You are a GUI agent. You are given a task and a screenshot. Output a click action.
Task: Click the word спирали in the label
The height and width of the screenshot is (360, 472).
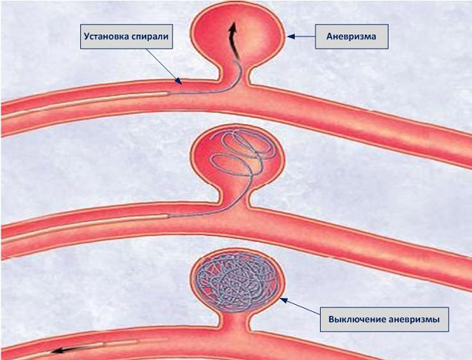pyautogui.click(x=150, y=37)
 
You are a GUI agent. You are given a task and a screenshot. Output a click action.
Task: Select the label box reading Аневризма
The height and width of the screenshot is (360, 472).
pyautogui.click(x=352, y=37)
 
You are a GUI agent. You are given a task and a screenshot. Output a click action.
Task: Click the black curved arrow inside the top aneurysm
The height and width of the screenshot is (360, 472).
pyautogui.click(x=234, y=41)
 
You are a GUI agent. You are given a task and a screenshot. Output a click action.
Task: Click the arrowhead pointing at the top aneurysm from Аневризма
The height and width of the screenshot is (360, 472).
pyautogui.click(x=290, y=36)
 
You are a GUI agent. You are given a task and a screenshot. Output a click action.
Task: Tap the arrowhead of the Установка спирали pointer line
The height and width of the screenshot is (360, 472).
pyautogui.click(x=178, y=80)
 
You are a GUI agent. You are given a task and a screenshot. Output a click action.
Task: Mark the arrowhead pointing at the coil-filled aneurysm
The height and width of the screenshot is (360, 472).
pyautogui.click(x=283, y=300)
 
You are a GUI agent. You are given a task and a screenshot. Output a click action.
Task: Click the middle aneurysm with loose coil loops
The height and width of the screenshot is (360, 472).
pyautogui.click(x=237, y=160)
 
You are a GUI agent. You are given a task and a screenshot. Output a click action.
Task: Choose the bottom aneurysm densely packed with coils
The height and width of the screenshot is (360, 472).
pyautogui.click(x=236, y=281)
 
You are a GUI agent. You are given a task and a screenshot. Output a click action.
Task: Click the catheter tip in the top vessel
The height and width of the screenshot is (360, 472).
pyautogui.click(x=167, y=94)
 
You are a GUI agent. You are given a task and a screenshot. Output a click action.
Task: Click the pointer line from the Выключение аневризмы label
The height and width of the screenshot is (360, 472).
pyautogui.click(x=301, y=307)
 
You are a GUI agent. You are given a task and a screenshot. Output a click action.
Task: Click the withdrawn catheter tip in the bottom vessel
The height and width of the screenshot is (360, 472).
pyautogui.click(x=136, y=341)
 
